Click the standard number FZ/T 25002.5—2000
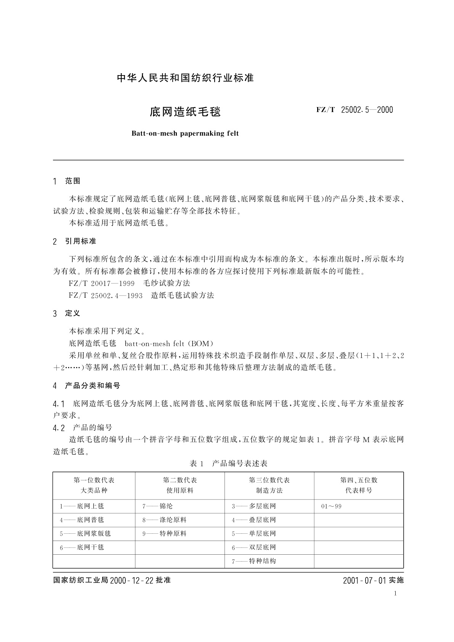pyautogui.click(x=355, y=110)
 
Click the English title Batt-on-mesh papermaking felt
pyautogui.click(x=185, y=133)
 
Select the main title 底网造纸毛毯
pyautogui.click(x=185, y=112)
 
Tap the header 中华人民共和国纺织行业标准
pyautogui.click(x=185, y=78)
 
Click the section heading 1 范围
pyautogui.click(x=67, y=181)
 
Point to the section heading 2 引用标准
pyautogui.click(x=75, y=241)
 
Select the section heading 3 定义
pyautogui.click(x=67, y=313)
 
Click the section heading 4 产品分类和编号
pyautogui.click(x=87, y=386)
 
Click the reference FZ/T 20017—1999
pyautogui.click(x=102, y=283)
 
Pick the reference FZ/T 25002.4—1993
pyautogui.click(x=106, y=295)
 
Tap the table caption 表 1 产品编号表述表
pyautogui.click(x=229, y=464)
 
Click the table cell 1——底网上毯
pyautogui.click(x=82, y=506)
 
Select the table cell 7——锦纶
pyautogui.click(x=157, y=506)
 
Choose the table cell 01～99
pyautogui.click(x=331, y=506)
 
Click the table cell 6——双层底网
pyautogui.click(x=254, y=547)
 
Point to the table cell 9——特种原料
pyautogui.click(x=165, y=534)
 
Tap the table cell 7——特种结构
pyautogui.click(x=254, y=561)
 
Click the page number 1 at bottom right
pyautogui.click(x=395, y=593)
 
